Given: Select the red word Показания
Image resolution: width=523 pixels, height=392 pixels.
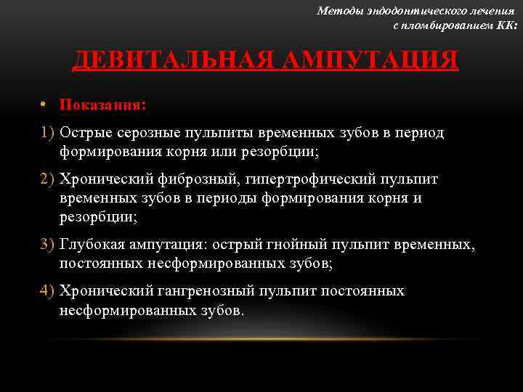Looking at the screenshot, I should coord(102,105).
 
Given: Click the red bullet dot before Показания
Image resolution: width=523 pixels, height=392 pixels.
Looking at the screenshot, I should coord(44,105).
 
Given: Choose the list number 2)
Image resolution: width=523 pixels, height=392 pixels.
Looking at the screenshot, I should coord(49,179).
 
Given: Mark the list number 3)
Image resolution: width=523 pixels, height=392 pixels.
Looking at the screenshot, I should coord(49,246).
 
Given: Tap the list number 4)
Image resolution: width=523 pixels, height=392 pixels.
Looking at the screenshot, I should coord(49,291).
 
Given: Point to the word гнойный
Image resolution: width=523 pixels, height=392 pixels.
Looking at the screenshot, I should coord(299,246).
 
